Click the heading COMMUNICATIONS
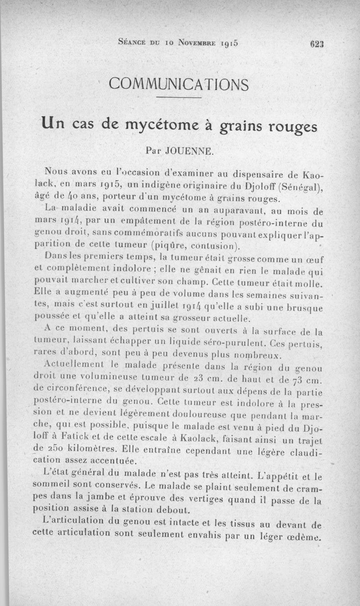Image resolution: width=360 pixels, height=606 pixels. point(179,84)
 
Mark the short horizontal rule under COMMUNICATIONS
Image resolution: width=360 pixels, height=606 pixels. point(179,98)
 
